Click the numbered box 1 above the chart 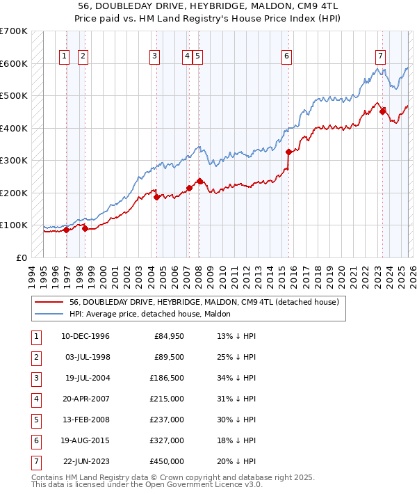click(65, 57)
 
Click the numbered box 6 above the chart click(286, 57)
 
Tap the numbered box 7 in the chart click(380, 57)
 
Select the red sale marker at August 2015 click(288, 151)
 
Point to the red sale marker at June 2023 click(382, 111)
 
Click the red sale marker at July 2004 click(156, 197)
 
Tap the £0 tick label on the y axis click(21, 257)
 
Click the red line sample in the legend click(49, 303)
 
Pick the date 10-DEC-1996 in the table click(85, 337)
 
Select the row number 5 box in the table click(35, 419)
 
